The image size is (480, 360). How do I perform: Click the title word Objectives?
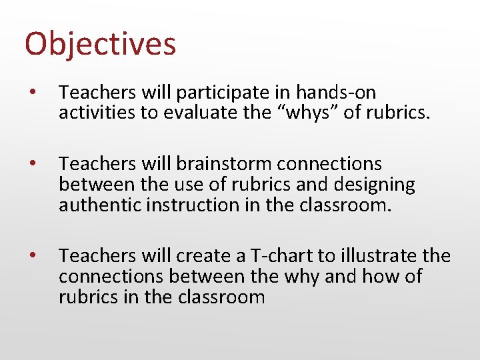[100, 44]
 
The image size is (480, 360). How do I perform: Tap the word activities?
[98, 113]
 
